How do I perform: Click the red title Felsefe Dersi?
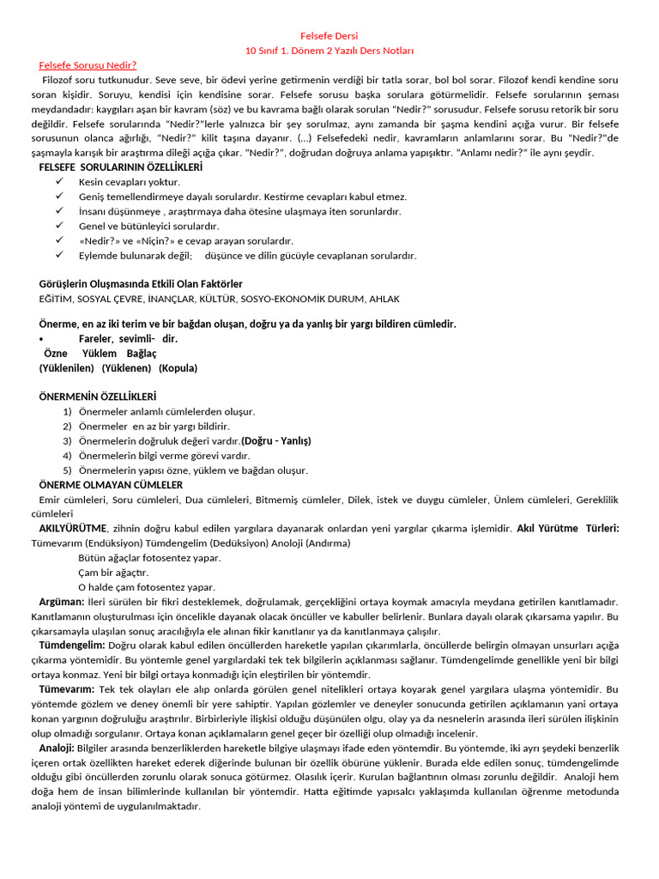tap(329, 36)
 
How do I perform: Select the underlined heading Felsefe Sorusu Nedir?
tap(88, 64)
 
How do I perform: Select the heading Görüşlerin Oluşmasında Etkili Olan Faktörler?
tap(141, 283)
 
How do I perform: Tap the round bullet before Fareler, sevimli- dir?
tap(41, 339)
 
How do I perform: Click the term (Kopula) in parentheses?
tap(178, 368)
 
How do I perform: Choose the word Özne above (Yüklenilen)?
tap(56, 354)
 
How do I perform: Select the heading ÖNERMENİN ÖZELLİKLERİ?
tap(98, 397)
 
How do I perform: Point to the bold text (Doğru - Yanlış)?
tap(276, 441)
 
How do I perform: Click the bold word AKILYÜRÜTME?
tap(73, 528)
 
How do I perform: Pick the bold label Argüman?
tap(61, 602)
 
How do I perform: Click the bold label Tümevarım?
tap(67, 689)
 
